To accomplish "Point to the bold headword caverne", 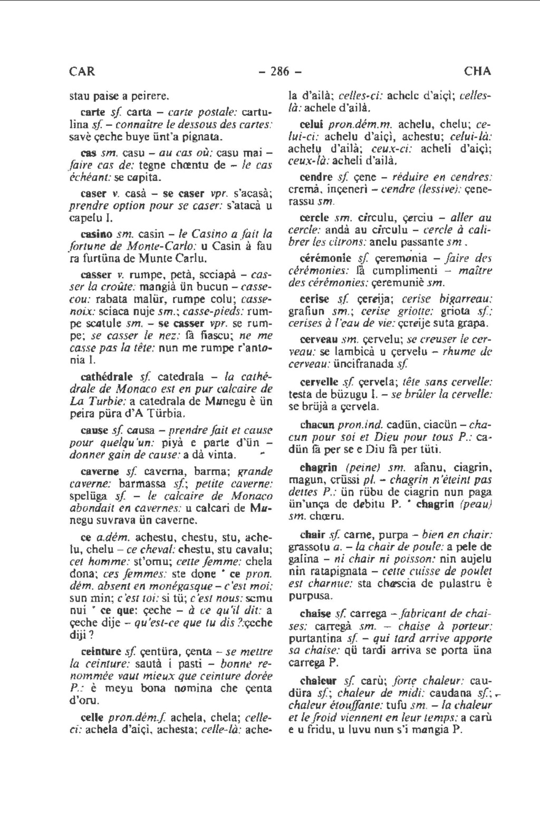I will point(101,470).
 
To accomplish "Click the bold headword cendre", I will point(316,177).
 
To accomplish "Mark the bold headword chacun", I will point(317,424).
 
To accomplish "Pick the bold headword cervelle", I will point(319,381).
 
